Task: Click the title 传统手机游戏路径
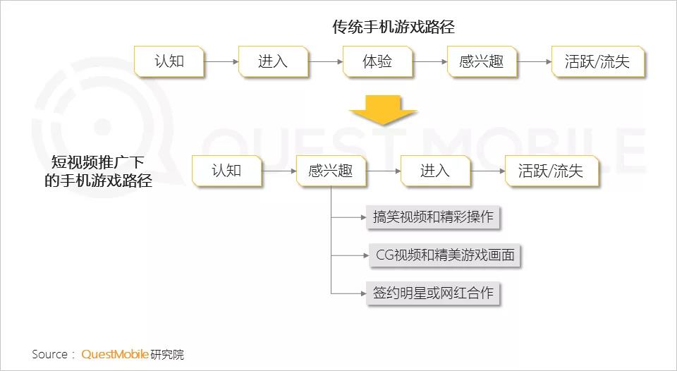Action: (394, 27)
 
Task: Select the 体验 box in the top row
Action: (377, 62)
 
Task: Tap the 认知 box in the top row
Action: (169, 62)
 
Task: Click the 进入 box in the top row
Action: (273, 62)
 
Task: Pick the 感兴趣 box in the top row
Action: (482, 62)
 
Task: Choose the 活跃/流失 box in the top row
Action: (598, 62)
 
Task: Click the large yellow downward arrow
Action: (383, 110)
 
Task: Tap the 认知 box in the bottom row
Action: (226, 171)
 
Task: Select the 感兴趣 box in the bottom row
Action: (331, 171)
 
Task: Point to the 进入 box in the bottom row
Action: (435, 171)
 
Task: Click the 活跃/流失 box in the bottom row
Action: (551, 171)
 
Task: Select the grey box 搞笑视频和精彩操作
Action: (433, 217)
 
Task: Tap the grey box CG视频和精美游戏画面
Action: (445, 255)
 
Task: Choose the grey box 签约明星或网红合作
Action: (433, 293)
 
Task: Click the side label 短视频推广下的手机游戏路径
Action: (98, 171)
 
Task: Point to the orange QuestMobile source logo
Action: (115, 355)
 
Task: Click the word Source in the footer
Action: (49, 355)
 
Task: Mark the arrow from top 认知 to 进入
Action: (221, 62)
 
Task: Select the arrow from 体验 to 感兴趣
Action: (429, 62)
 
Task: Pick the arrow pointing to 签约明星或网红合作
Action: (349, 293)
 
